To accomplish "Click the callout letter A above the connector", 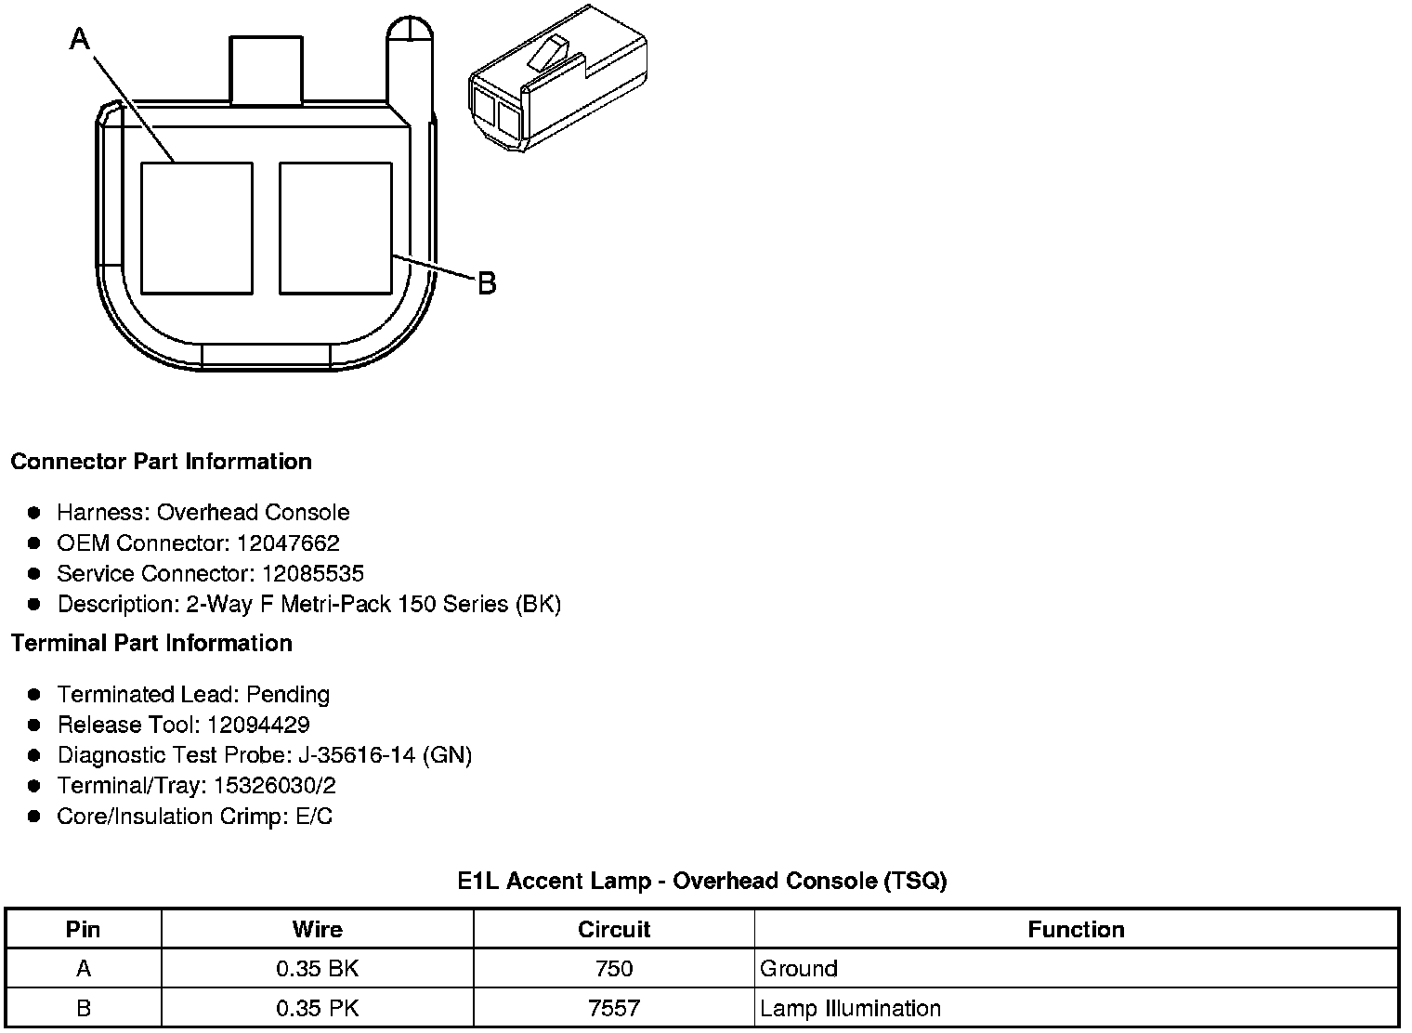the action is point(80,38).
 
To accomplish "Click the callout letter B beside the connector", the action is point(487,282).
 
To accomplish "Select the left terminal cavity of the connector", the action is point(196,228).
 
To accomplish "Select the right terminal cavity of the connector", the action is point(335,228).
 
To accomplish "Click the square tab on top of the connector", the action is point(266,70).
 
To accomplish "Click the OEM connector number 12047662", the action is point(288,543).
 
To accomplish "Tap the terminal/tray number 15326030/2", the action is point(275,786).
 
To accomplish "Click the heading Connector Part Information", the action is point(161,462).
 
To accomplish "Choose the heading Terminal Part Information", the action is point(151,643).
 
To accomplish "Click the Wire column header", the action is point(317,929).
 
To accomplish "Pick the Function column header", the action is point(1076,929).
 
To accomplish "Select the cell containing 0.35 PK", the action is point(317,1008).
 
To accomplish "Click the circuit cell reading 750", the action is point(613,969).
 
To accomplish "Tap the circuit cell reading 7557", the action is point(613,1008).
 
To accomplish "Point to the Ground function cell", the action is point(799,969).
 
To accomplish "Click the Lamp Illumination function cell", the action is point(850,1008).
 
